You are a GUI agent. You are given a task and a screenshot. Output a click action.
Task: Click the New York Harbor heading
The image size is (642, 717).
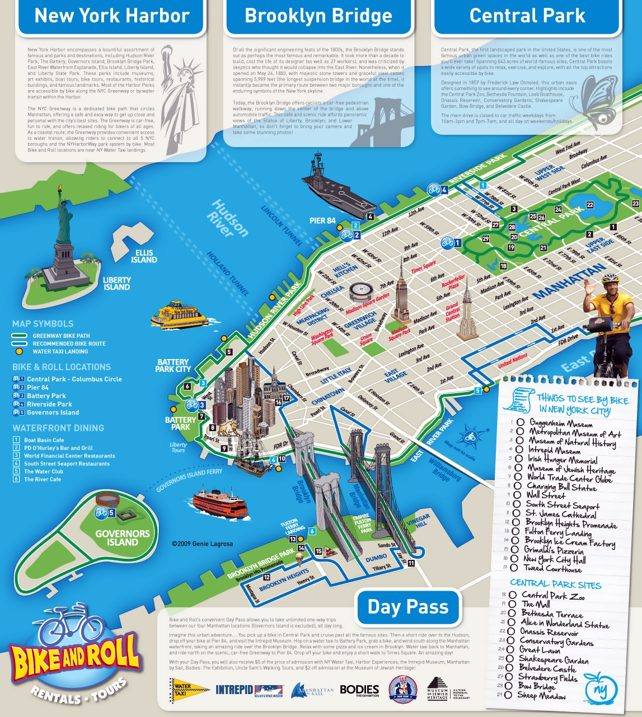[112, 16]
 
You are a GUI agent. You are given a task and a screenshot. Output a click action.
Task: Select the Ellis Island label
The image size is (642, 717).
[144, 256]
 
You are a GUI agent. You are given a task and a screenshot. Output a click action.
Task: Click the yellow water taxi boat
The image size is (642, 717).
[179, 315]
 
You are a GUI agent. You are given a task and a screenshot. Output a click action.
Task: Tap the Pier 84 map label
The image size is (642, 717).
[322, 221]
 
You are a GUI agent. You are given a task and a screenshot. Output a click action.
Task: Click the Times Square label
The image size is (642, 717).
[424, 267]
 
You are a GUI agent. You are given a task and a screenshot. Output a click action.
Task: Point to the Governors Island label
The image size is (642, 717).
[123, 537]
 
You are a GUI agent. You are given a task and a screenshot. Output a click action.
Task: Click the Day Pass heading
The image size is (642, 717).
[408, 607]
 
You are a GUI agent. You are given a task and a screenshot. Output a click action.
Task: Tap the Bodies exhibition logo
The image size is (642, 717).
[359, 690]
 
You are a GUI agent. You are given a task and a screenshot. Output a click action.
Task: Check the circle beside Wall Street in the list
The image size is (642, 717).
[517, 495]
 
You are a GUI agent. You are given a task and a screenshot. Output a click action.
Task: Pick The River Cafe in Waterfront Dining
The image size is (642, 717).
[43, 479]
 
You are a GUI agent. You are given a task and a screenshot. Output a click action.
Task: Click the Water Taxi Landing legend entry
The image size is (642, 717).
[60, 352]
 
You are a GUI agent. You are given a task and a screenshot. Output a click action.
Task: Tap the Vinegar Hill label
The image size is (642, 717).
[418, 521]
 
